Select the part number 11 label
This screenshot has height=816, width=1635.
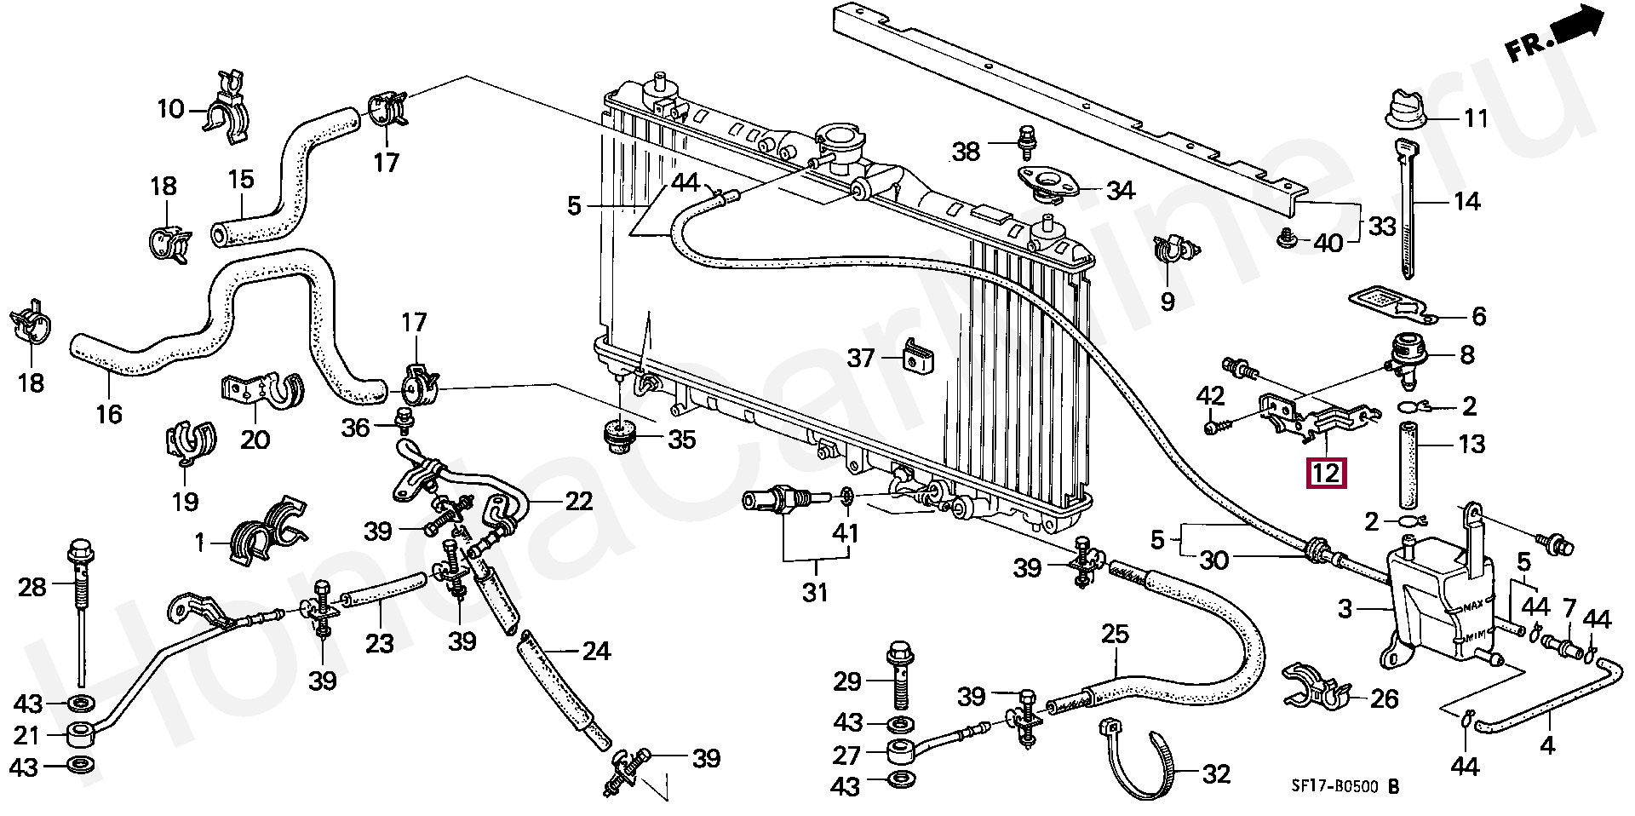[1475, 118]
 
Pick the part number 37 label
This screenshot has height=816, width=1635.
[862, 358]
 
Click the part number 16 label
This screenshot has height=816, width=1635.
[109, 413]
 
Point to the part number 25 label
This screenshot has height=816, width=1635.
[1116, 634]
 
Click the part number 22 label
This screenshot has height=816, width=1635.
[579, 502]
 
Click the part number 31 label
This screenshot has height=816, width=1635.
[815, 591]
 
